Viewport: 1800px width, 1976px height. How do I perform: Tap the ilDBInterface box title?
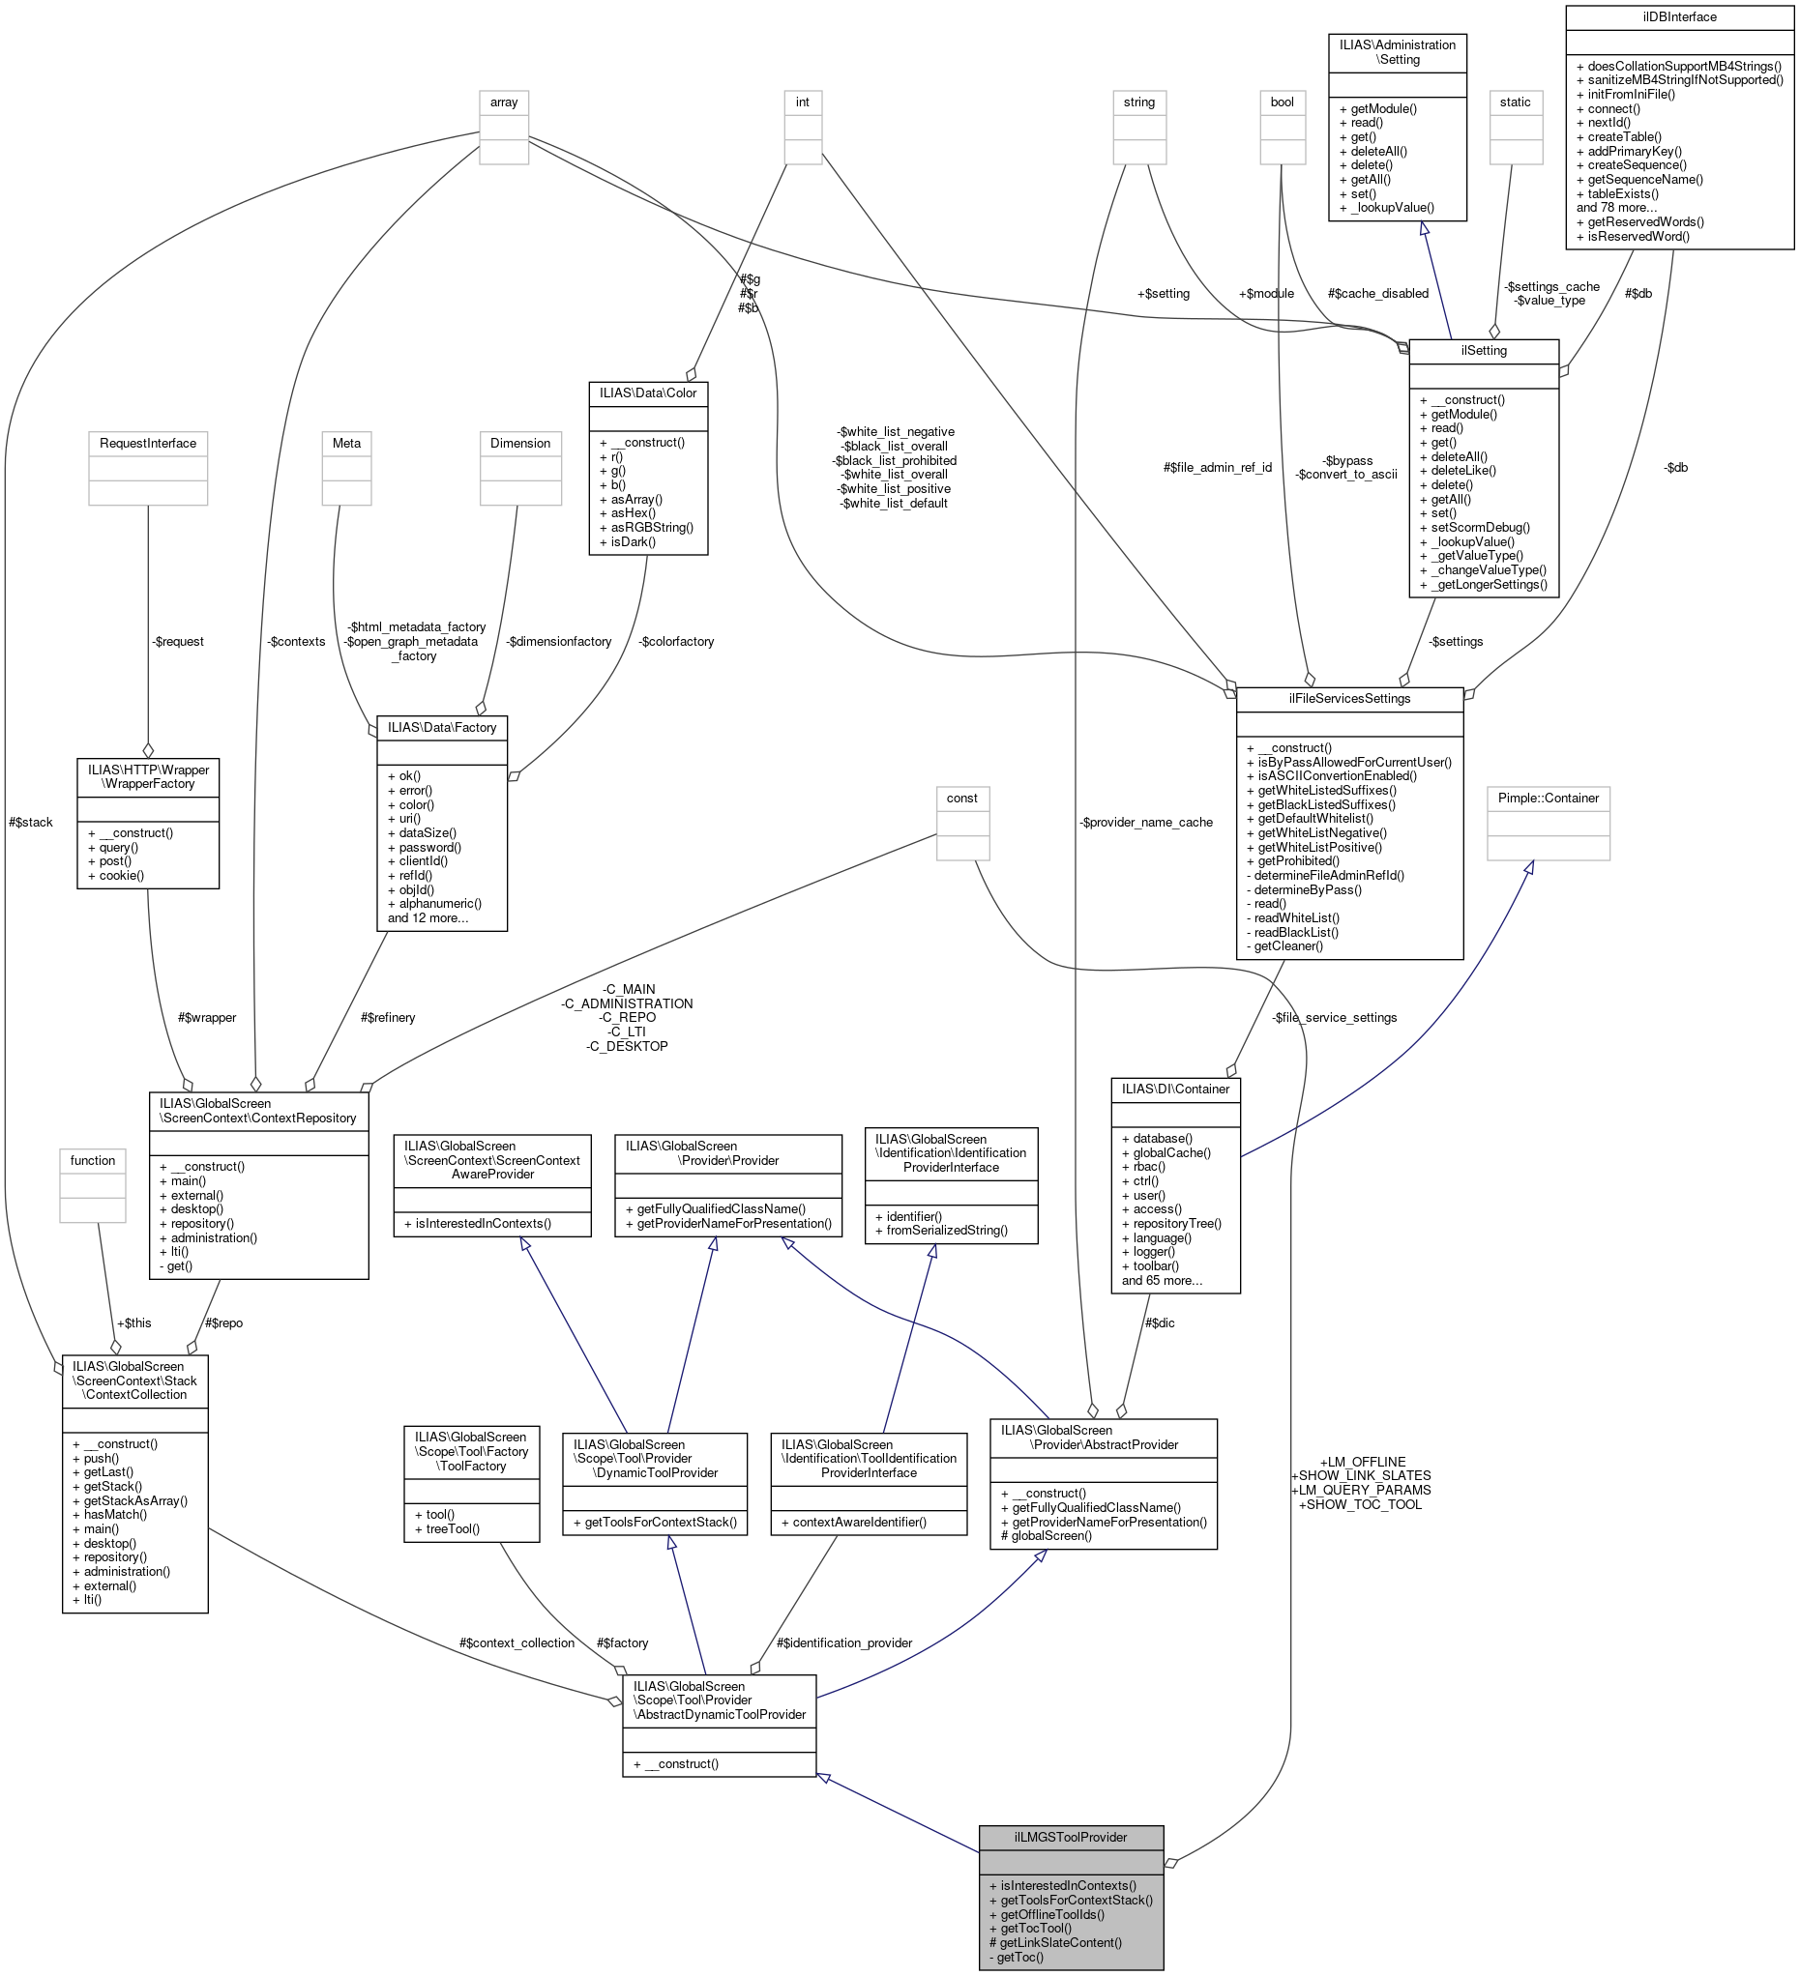point(1678,16)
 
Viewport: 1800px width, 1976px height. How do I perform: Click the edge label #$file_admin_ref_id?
point(1217,468)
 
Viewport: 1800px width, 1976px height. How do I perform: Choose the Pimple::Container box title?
point(1547,798)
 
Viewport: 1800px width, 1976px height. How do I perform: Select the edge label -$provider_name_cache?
point(1145,822)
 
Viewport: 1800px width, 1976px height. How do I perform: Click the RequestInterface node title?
point(147,443)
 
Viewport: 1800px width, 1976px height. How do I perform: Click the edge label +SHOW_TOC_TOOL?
point(1359,1503)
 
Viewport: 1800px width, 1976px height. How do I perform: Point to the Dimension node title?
point(519,443)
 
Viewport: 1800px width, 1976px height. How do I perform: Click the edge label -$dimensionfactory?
point(559,641)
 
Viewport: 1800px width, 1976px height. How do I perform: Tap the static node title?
point(1514,102)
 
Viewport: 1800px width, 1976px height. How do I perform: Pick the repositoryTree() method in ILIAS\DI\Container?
point(1170,1223)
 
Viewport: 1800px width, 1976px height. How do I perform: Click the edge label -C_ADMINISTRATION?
point(627,1003)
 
